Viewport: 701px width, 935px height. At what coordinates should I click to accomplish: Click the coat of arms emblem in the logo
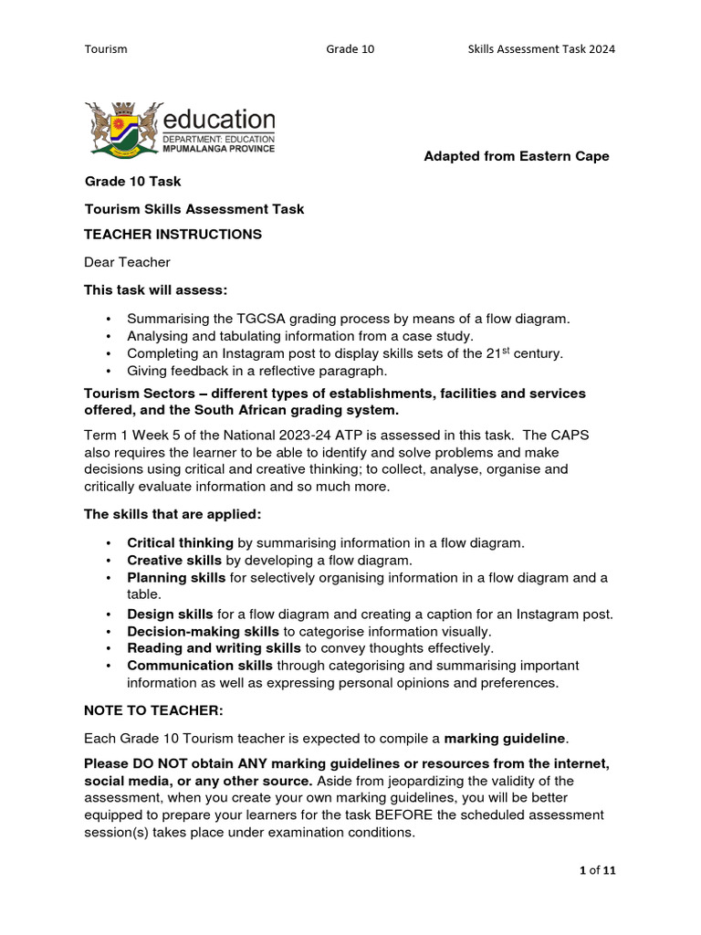(125, 129)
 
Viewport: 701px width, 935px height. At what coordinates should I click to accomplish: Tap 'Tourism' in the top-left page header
(106, 49)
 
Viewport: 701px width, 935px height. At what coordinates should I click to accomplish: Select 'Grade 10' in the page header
(350, 49)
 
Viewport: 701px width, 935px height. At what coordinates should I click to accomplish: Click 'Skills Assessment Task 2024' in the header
(535, 49)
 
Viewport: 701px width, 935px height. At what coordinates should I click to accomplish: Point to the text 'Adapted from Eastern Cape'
(517, 156)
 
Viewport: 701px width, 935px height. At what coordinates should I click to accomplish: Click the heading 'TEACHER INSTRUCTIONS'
(173, 235)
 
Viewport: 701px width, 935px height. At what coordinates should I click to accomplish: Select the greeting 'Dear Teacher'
(127, 263)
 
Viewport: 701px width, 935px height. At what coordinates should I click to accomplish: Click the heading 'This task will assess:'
(156, 290)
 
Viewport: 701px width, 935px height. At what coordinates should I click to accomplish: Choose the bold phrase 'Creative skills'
(174, 561)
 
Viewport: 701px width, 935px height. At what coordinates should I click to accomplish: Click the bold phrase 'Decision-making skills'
(203, 632)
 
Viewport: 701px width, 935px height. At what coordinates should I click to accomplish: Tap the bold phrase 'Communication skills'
(200, 666)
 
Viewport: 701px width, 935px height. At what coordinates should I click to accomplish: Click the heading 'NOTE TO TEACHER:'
(153, 709)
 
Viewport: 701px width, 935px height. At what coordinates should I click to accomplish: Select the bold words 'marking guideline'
(505, 738)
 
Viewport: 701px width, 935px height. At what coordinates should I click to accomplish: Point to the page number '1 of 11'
(598, 870)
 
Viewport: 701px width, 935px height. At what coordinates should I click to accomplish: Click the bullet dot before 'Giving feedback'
(109, 372)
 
